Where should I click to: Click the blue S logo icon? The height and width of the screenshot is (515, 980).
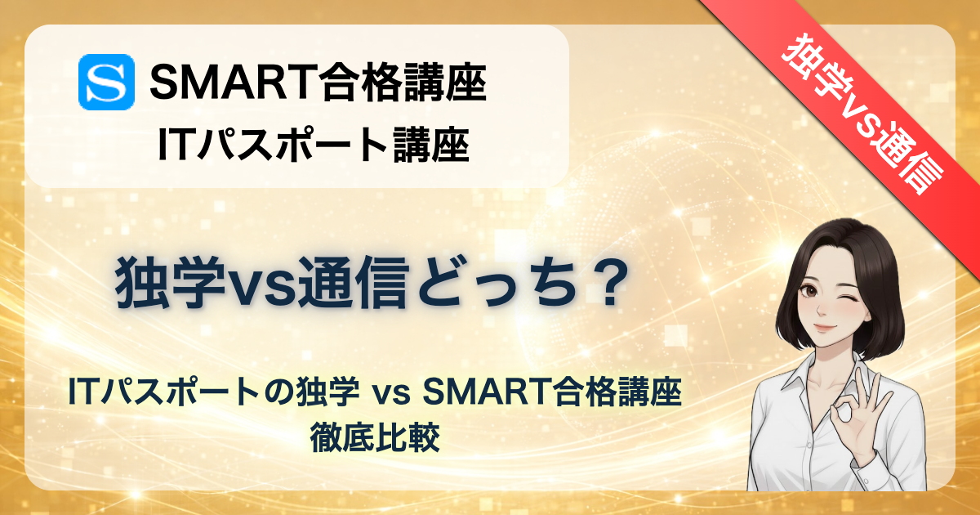106,82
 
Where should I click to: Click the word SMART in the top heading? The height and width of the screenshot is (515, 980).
234,82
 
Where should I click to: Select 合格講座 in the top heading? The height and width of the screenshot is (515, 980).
403,82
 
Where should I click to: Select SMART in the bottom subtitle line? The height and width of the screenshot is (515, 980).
487,392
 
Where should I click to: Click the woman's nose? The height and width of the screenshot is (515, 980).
821,310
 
